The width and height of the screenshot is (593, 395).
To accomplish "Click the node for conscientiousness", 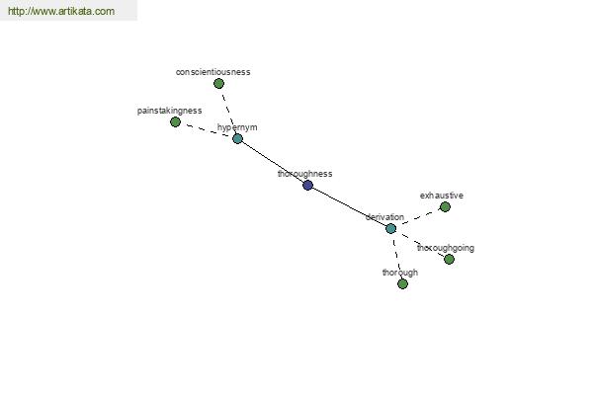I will pyautogui.click(x=219, y=84).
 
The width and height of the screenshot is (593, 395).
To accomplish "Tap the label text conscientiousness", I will pyautogui.click(x=213, y=72).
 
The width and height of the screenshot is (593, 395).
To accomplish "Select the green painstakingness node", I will pyautogui.click(x=176, y=122).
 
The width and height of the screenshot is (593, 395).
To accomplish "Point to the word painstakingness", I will pyautogui.click(x=170, y=111).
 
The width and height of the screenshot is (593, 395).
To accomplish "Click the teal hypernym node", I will pyautogui.click(x=237, y=138).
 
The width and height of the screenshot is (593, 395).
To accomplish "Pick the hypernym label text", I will pyautogui.click(x=237, y=127).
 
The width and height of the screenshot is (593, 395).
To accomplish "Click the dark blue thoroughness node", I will pyautogui.click(x=308, y=185).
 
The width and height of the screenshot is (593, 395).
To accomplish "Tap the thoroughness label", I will pyautogui.click(x=305, y=174).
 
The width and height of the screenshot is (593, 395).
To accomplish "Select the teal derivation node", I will pyautogui.click(x=391, y=228).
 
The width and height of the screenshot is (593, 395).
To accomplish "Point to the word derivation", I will pyautogui.click(x=384, y=217).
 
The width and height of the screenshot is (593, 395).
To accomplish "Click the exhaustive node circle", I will pyautogui.click(x=445, y=207).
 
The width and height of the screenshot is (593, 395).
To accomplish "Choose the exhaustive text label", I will pyautogui.click(x=442, y=196).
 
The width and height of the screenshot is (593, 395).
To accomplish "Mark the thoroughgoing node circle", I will pyautogui.click(x=449, y=259).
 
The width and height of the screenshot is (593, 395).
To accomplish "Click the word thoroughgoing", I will pyautogui.click(x=445, y=248).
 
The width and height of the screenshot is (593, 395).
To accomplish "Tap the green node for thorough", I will pyautogui.click(x=402, y=283).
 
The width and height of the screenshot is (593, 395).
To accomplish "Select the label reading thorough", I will pyautogui.click(x=400, y=273).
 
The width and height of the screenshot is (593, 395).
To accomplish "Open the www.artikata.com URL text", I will pyautogui.click(x=60, y=12).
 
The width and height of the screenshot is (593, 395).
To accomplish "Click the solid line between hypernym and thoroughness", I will pyautogui.click(x=273, y=162).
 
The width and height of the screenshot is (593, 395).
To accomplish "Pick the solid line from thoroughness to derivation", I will pyautogui.click(x=350, y=206).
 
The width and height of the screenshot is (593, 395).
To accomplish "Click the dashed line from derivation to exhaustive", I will pyautogui.click(x=418, y=218).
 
